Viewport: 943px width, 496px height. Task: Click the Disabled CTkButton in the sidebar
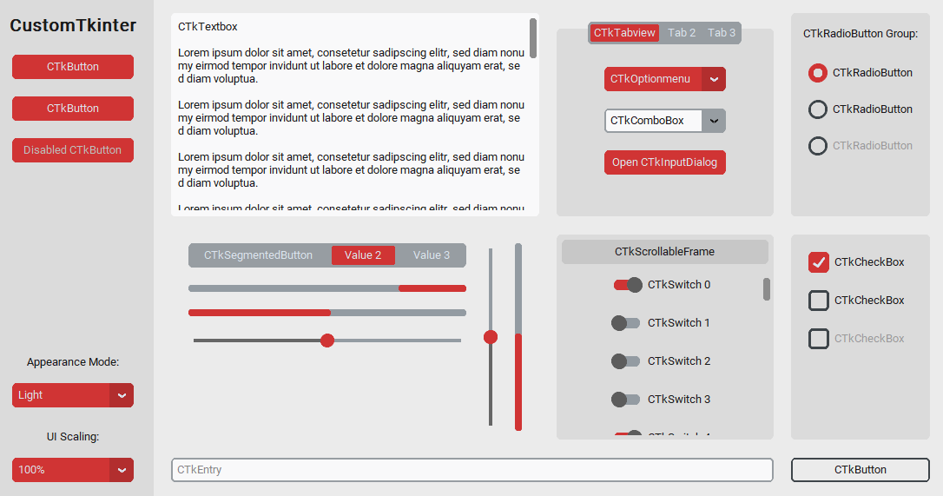tap(72, 150)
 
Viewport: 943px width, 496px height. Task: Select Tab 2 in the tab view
tap(682, 33)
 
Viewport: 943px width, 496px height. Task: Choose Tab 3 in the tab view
tap(722, 33)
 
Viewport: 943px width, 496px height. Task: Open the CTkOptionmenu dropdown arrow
tap(714, 79)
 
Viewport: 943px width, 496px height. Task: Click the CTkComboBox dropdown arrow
tap(714, 121)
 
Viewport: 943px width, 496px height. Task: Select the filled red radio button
tap(818, 73)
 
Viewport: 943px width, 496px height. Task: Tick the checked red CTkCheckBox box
tap(819, 262)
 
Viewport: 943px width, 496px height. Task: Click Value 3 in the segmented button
tap(432, 255)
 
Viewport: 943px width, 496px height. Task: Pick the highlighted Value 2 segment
tap(363, 255)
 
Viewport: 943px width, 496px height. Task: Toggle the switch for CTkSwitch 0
tap(627, 285)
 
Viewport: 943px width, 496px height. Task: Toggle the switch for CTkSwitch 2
tap(625, 361)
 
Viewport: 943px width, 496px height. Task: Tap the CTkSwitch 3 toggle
tap(625, 400)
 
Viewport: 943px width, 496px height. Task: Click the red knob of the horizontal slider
tap(327, 341)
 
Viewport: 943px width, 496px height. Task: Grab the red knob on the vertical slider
tap(491, 337)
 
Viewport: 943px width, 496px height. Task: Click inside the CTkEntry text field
tap(471, 470)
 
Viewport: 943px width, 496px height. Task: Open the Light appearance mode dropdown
tap(72, 395)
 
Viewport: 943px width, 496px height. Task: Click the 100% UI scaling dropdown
tap(72, 470)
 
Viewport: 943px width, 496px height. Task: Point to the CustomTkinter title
tap(73, 26)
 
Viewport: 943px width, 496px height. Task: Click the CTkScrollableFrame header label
tap(664, 252)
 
